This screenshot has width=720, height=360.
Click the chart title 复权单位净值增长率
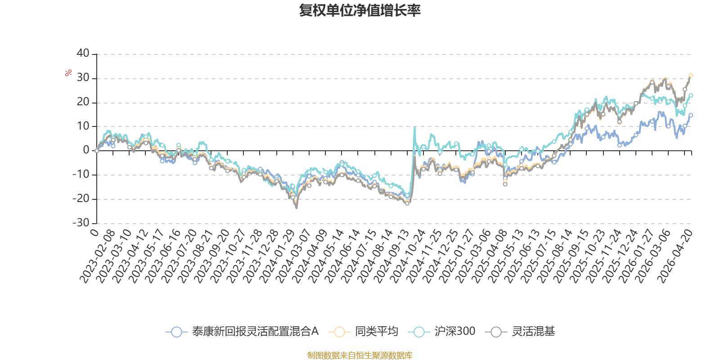(x=360, y=10)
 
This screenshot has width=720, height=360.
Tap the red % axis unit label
(x=68, y=73)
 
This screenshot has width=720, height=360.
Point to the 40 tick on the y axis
(x=83, y=53)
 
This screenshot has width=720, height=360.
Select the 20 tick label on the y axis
(x=83, y=102)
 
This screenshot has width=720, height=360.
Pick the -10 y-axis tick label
(x=81, y=174)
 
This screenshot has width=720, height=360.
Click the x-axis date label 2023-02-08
(x=97, y=256)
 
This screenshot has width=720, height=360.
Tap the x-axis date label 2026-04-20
(x=675, y=256)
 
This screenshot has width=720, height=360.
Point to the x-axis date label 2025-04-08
(x=490, y=256)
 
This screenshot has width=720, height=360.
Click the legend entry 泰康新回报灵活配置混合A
(x=242, y=331)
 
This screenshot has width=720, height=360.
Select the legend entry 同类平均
(x=363, y=331)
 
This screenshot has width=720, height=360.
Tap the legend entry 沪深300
(x=441, y=331)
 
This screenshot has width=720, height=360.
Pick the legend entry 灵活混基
(x=520, y=331)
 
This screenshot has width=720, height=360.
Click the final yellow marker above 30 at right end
(x=690, y=75)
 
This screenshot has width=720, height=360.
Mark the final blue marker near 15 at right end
(x=690, y=115)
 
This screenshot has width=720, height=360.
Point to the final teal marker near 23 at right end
(x=690, y=95)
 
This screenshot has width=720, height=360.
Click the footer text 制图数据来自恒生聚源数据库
(x=360, y=355)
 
